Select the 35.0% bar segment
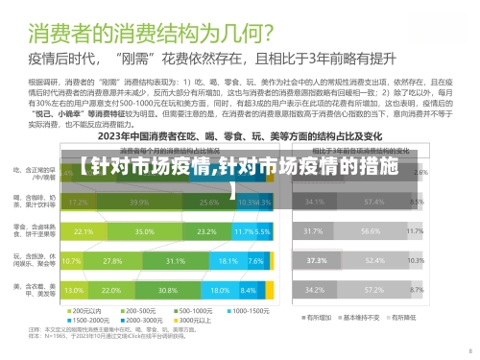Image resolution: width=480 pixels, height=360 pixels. (x=145, y=232)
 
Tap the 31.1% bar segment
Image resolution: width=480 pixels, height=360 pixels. (x=175, y=261)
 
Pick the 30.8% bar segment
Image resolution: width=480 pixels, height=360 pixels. (x=169, y=290)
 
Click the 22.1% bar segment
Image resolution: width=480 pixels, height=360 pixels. (x=84, y=232)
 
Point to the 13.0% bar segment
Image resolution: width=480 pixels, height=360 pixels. (x=73, y=290)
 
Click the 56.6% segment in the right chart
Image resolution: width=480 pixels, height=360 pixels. (x=371, y=232)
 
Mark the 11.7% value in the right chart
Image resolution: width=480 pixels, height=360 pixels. (x=416, y=232)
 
